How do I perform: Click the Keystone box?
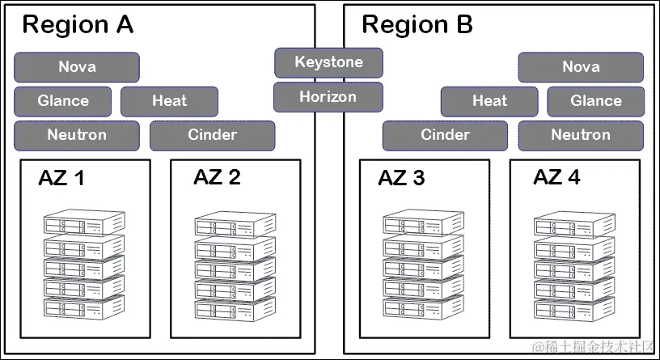pos(328,62)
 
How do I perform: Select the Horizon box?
pos(328,97)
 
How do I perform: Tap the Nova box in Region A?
pos(77,67)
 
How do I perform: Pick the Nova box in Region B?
pos(581,67)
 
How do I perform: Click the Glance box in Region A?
pos(63,101)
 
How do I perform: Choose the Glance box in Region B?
pos(596,101)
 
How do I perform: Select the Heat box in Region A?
pos(169,101)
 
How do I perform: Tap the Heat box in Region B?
pos(489,101)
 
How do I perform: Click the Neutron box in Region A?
pos(77,135)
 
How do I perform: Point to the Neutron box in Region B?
pos(581,135)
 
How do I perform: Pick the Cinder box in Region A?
pos(212,135)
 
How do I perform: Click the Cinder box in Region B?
pos(445,135)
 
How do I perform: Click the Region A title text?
pos(78,25)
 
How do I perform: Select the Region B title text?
pos(417,25)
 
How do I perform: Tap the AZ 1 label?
pos(61,179)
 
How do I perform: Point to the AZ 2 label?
pos(217,178)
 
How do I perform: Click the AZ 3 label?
pos(401,179)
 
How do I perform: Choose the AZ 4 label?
pos(556,178)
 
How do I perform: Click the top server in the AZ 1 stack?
pos(84,223)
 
